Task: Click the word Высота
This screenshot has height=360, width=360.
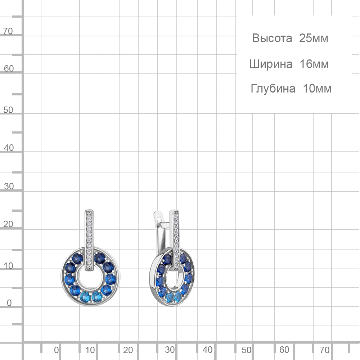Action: [272, 38]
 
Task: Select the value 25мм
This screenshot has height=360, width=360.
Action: [314, 38]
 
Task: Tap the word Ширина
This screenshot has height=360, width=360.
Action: [271, 64]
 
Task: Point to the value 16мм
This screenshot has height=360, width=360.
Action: [314, 64]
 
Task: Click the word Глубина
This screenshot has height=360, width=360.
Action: [273, 89]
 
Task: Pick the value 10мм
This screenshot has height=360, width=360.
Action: [317, 89]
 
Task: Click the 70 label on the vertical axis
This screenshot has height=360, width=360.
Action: [8, 31]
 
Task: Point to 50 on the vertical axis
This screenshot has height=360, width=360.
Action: [8, 110]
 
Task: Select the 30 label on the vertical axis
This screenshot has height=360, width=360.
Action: [9, 186]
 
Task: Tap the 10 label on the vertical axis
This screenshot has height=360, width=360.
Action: [8, 266]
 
